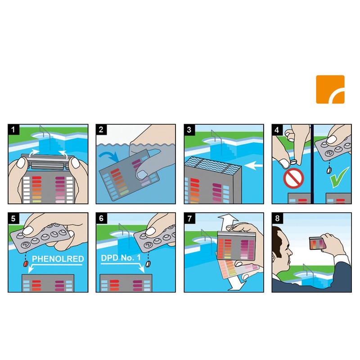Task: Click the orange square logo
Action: pyautogui.click(x=330, y=89)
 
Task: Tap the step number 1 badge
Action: pyautogui.click(x=13, y=130)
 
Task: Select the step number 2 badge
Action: pyautogui.click(x=102, y=130)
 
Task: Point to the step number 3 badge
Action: pyautogui.click(x=189, y=130)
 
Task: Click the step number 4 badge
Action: pyautogui.click(x=277, y=130)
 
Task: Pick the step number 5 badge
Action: pyautogui.click(x=13, y=218)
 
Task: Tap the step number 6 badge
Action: pyautogui.click(x=102, y=218)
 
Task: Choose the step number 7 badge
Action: pyautogui.click(x=189, y=218)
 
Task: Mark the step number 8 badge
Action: pyautogui.click(x=277, y=218)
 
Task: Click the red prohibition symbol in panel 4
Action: pyautogui.click(x=294, y=178)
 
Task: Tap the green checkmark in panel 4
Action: pyautogui.click(x=339, y=177)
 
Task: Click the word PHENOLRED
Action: pyautogui.click(x=58, y=259)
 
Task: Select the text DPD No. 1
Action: pyautogui.click(x=121, y=258)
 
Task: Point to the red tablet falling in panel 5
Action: pyautogui.click(x=25, y=264)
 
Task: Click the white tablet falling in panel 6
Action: pyautogui.click(x=148, y=264)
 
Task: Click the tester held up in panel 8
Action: pyautogui.click(x=318, y=243)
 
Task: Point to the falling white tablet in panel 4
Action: pyautogui.click(x=329, y=171)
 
